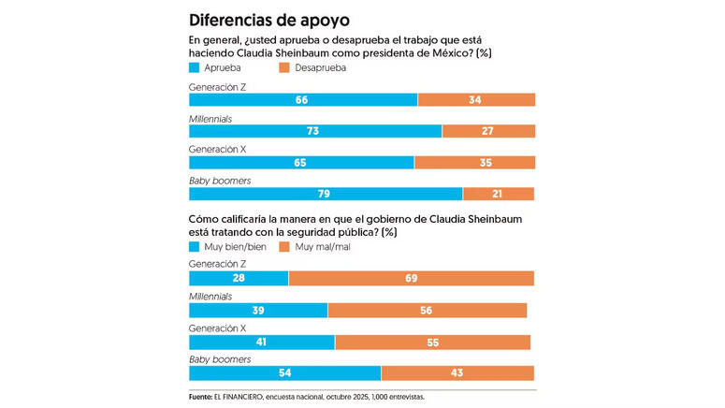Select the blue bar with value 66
[303, 99]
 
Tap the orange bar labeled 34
[476, 99]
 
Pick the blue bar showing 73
[315, 131]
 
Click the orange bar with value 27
[488, 131]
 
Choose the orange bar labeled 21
[499, 194]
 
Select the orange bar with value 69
[412, 278]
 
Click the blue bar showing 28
[239, 278]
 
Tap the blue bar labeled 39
[258, 311]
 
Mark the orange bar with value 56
[428, 311]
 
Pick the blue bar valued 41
[262, 342]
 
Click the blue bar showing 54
[284, 373]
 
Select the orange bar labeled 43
[457, 373]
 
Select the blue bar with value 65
[301, 163]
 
